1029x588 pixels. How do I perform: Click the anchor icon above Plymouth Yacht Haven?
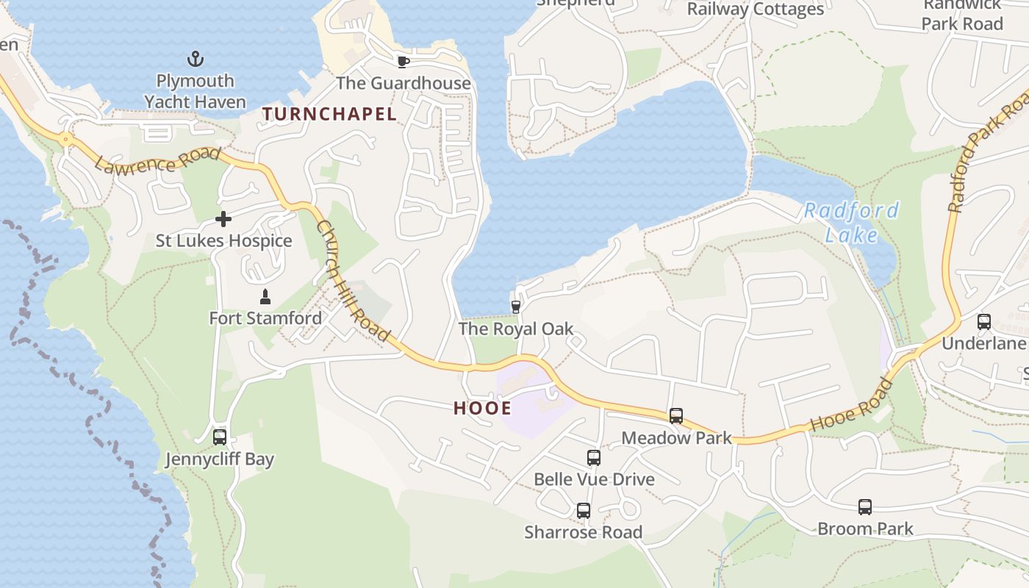tap(195, 58)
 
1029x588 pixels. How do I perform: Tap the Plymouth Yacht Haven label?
tap(195, 91)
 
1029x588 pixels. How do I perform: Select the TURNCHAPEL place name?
tap(329, 114)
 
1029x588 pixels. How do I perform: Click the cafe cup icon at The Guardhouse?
tap(403, 61)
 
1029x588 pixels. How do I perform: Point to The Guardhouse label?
tap(403, 83)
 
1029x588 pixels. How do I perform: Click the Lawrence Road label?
tap(157, 159)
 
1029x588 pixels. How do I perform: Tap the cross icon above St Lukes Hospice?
tap(223, 218)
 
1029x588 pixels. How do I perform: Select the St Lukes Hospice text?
tap(223, 241)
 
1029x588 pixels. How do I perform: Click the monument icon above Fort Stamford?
tap(265, 297)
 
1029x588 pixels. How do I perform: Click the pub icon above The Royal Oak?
tap(516, 306)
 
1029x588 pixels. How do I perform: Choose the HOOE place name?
tap(482, 409)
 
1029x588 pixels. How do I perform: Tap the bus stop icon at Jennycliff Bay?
tap(219, 437)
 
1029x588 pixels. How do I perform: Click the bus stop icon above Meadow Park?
tap(676, 416)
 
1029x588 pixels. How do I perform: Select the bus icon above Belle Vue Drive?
tap(594, 458)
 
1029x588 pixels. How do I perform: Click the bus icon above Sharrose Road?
tap(584, 510)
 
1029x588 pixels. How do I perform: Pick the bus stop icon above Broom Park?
tap(865, 506)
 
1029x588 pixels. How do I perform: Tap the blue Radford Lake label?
tap(851, 223)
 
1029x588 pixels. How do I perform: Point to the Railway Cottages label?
tap(755, 9)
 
